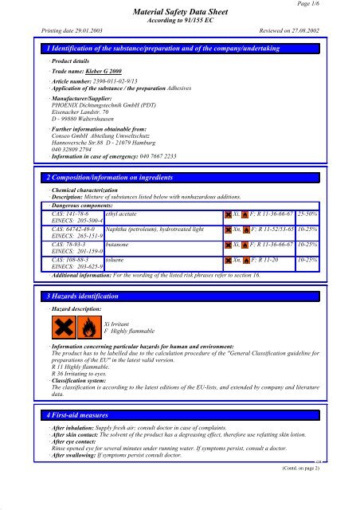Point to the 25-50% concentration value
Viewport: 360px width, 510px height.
[x=307, y=238]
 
